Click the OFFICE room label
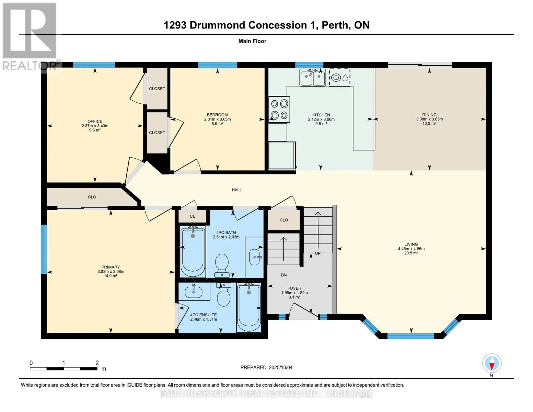click(x=95, y=121)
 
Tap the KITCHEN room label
click(x=321, y=115)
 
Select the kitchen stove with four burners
click(x=279, y=110)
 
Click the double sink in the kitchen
click(x=313, y=77)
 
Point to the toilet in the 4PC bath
click(x=221, y=265)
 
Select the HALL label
click(x=236, y=190)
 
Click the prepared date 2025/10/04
click(x=280, y=367)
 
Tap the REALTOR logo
click(x=30, y=37)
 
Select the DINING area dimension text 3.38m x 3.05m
click(x=429, y=119)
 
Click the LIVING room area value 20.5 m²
click(x=411, y=253)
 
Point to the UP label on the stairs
click(x=317, y=253)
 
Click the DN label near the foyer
click(x=283, y=275)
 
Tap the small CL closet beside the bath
click(x=192, y=216)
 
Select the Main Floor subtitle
click(x=252, y=41)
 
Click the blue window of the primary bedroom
click(x=44, y=249)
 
